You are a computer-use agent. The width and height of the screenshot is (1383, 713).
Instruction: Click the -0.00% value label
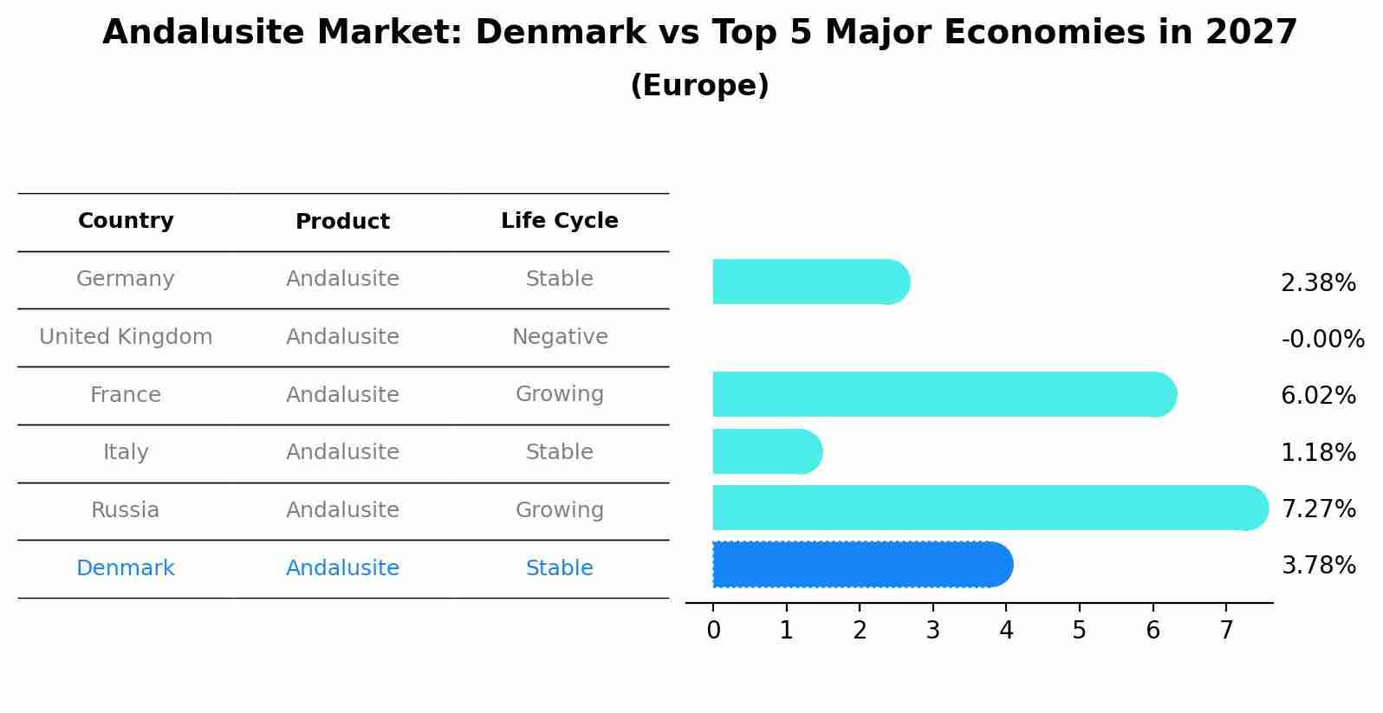1322,339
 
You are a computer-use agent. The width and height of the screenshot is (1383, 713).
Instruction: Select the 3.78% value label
1318,566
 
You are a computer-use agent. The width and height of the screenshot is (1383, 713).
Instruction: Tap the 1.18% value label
1318,452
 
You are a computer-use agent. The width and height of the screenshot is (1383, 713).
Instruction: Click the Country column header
126,221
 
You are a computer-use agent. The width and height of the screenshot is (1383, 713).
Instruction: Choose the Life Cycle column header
559,221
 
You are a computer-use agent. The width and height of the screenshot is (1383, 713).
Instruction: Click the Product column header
342,222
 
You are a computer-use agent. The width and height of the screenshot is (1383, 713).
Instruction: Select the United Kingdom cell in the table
126,337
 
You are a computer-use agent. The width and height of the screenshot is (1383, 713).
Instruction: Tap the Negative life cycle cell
559,337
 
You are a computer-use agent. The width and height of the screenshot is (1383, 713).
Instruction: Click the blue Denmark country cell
126,568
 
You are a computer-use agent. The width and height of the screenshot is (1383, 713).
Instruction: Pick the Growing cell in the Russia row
559,510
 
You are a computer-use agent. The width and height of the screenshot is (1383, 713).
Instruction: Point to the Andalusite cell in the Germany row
342,279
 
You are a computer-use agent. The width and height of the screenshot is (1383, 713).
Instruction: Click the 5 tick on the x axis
1079,631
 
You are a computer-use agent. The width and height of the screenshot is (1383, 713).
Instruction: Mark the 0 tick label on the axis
713,631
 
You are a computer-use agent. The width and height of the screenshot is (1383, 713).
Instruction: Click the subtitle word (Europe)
699,86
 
